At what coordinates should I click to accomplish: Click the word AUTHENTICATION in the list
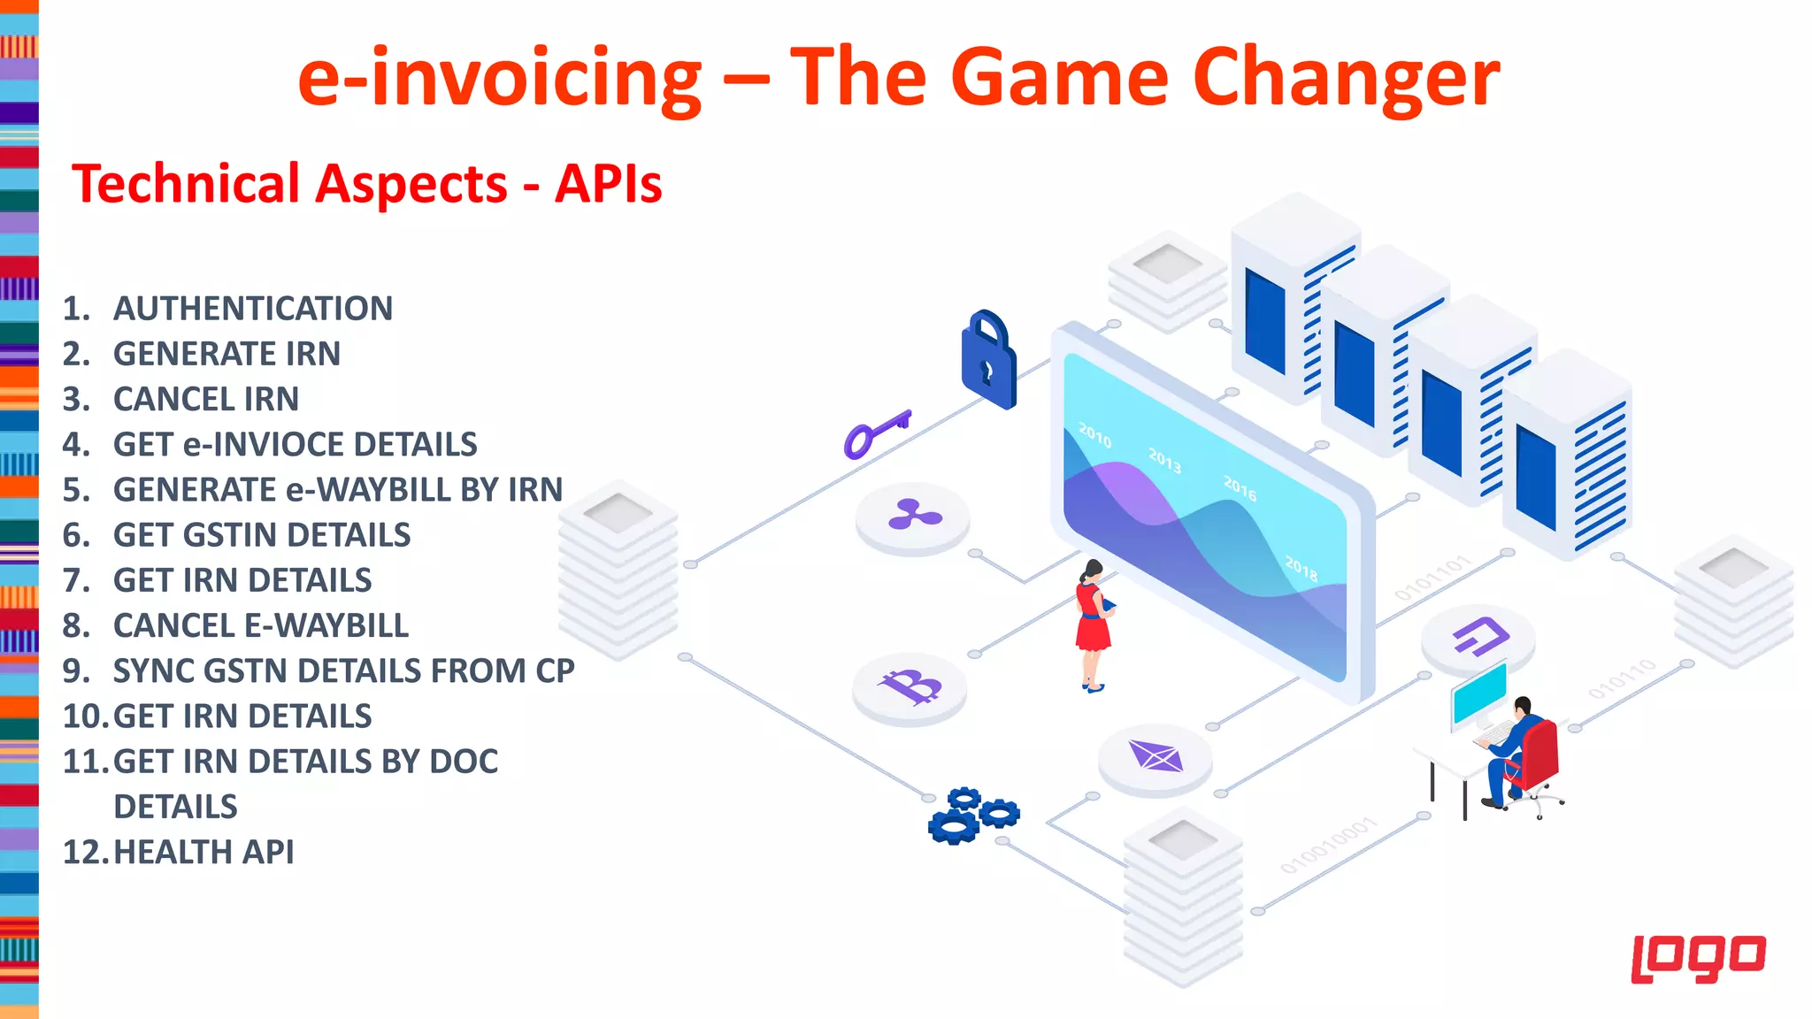click(x=252, y=309)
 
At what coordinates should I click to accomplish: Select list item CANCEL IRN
click(x=205, y=399)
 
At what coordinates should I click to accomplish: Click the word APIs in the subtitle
click(x=608, y=184)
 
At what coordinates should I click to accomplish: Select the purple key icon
click(x=875, y=433)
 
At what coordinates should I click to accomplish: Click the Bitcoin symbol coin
click(x=910, y=687)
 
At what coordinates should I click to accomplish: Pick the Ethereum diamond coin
click(x=1155, y=757)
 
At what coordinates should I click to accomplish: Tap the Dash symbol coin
click(x=1478, y=636)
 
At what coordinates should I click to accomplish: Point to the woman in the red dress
click(x=1094, y=624)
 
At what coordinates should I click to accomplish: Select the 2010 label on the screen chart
click(x=1094, y=434)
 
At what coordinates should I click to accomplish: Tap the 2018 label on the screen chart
click(x=1301, y=568)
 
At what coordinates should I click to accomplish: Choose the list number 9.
click(x=76, y=671)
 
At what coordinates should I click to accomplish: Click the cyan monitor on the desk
click(x=1478, y=693)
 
